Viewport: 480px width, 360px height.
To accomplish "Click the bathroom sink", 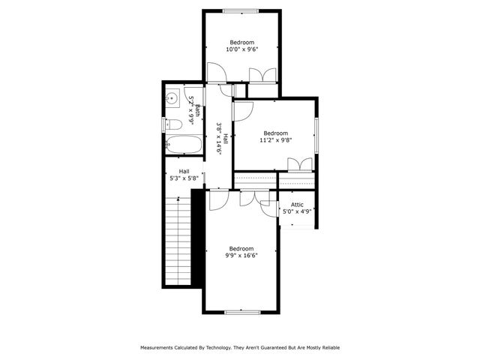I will pyautogui.click(x=172, y=97).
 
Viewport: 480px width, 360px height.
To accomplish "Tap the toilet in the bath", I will pyautogui.click(x=171, y=124).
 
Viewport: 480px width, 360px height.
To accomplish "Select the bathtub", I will pyautogui.click(x=183, y=145).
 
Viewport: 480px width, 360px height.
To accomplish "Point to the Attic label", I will pyautogui.click(x=297, y=204).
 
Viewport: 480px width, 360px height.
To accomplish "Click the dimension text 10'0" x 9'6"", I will pyautogui.click(x=241, y=49).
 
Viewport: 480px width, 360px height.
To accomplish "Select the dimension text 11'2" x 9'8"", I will pyautogui.click(x=275, y=139).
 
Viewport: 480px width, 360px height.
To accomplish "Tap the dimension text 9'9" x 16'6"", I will pyautogui.click(x=241, y=255).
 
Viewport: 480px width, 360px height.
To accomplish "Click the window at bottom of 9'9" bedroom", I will pyautogui.click(x=241, y=311).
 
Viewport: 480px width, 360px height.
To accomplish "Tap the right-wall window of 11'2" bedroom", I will pyautogui.click(x=316, y=134).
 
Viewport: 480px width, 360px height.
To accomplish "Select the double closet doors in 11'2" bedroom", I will pyautogui.click(x=300, y=165).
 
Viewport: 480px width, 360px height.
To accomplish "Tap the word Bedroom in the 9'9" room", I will pyautogui.click(x=241, y=248).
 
